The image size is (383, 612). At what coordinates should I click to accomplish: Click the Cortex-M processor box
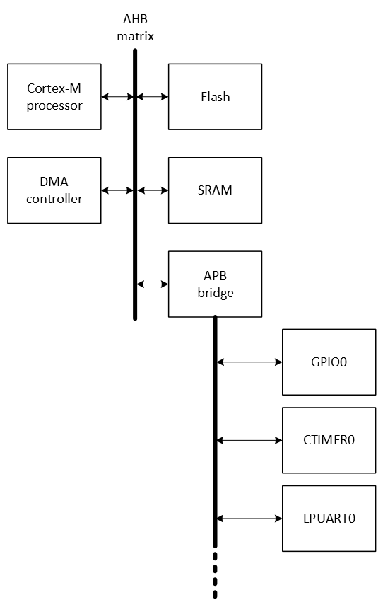54,97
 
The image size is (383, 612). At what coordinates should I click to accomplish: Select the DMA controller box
54,190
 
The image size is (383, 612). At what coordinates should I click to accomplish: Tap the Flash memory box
215,97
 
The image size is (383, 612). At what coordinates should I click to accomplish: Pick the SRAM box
215,190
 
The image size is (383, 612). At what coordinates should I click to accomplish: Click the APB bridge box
215,284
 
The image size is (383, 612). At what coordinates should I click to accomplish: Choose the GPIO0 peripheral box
329,362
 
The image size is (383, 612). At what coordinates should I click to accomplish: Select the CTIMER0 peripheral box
329,440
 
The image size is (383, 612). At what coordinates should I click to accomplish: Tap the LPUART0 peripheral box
329,519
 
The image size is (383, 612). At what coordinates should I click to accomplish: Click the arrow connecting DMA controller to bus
117,190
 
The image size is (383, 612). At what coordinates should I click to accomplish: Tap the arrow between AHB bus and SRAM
153,190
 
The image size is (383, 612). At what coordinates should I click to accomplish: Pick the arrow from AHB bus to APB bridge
153,284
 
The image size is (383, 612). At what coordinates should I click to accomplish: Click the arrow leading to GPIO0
249,362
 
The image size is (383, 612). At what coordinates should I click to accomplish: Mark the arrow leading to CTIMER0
249,440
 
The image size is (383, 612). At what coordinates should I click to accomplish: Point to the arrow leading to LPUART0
249,519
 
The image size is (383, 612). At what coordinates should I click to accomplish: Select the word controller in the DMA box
54,199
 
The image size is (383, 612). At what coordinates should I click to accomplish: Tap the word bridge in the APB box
215,293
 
